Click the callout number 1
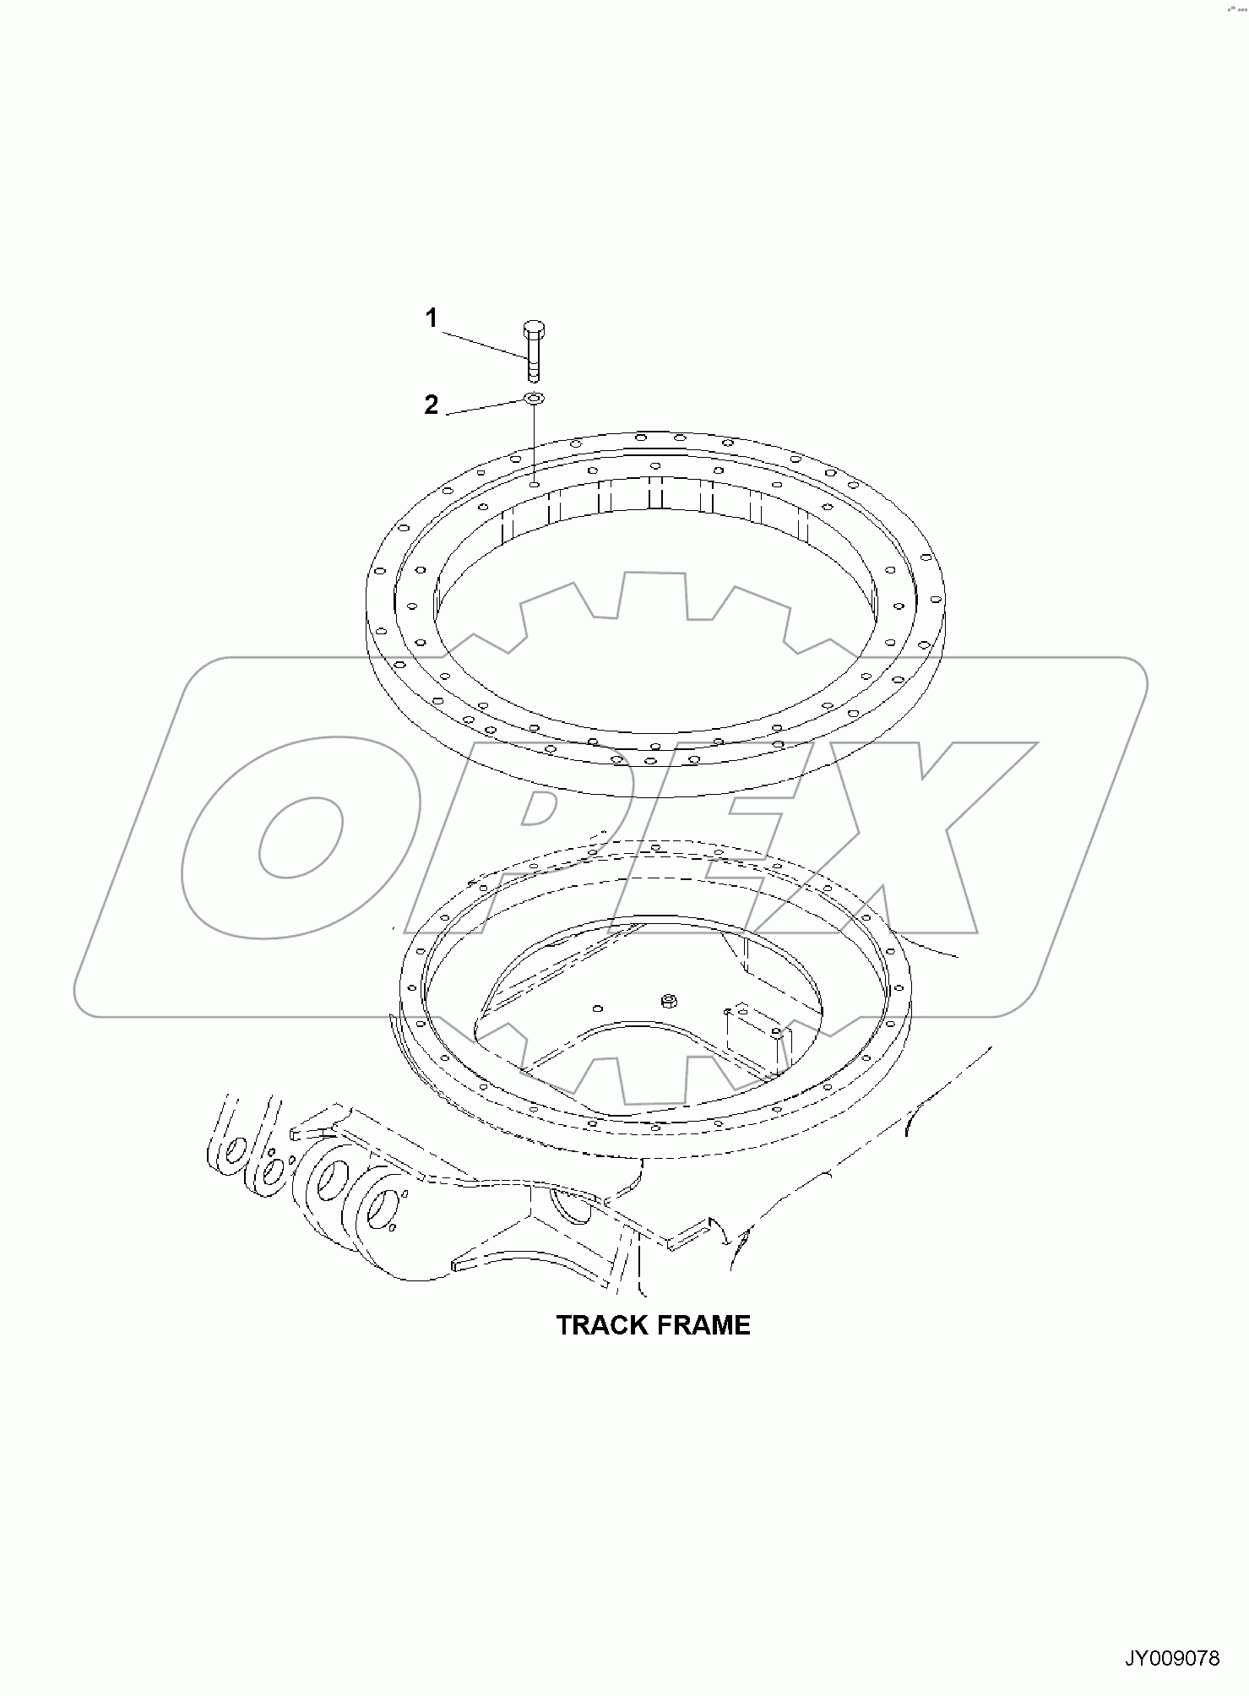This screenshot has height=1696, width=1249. [432, 318]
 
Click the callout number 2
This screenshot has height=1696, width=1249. [432, 405]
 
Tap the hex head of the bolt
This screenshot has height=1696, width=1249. [534, 328]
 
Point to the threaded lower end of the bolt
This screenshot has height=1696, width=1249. [534, 370]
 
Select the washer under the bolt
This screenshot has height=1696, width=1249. [534, 398]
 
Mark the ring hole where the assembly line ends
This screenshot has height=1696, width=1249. [534, 484]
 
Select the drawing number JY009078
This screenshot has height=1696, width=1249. [1171, 1659]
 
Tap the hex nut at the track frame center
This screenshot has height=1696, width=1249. [667, 1001]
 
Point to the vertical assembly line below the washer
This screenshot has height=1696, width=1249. [534, 443]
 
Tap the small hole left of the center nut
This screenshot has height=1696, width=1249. [598, 1007]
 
